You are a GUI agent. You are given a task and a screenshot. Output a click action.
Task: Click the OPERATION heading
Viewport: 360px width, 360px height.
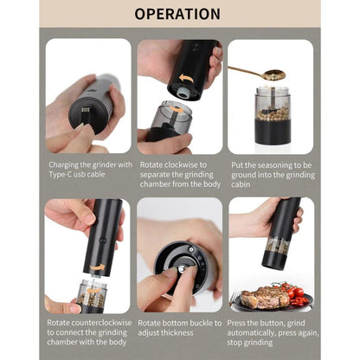point(179,14)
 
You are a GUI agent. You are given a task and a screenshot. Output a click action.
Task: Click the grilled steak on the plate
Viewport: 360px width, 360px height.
point(265,297)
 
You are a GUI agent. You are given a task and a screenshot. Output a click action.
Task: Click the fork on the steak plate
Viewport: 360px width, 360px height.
point(239,301)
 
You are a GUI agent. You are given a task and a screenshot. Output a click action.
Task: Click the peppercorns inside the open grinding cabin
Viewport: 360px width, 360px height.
point(270,114)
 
